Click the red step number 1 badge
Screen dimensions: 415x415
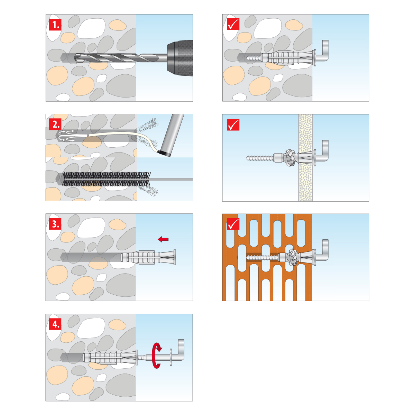pos(55,25)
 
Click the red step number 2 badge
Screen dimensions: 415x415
pos(55,124)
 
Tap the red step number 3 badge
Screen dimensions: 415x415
pos(55,224)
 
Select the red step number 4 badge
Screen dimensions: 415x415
pos(55,324)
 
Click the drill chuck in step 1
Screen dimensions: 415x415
pos(180,58)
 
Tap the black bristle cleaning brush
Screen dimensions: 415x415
pos(107,179)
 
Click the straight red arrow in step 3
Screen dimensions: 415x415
pos(163,239)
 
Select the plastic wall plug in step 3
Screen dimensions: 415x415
pos(148,257)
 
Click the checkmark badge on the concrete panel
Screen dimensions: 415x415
pos(233,24)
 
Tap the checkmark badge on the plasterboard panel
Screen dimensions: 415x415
pos(233,124)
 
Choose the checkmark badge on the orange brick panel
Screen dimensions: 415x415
pos(233,224)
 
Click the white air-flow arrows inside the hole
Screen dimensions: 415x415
pos(66,136)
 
